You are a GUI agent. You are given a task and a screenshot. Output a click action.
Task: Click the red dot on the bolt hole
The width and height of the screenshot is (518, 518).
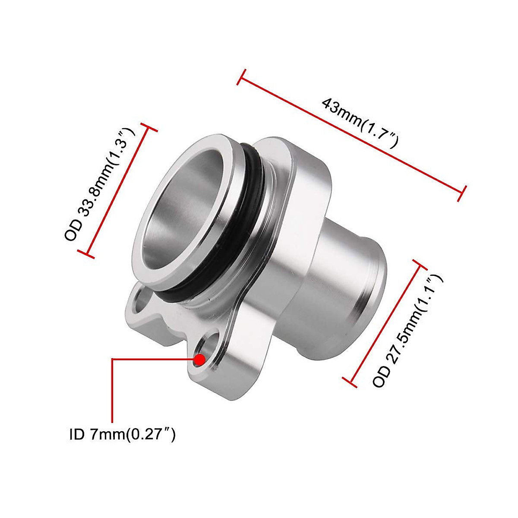click(199, 359)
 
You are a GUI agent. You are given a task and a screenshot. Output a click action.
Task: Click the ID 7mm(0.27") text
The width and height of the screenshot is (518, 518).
click(122, 434)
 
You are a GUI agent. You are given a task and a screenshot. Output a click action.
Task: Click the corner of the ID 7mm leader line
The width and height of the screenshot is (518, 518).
click(112, 359)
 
